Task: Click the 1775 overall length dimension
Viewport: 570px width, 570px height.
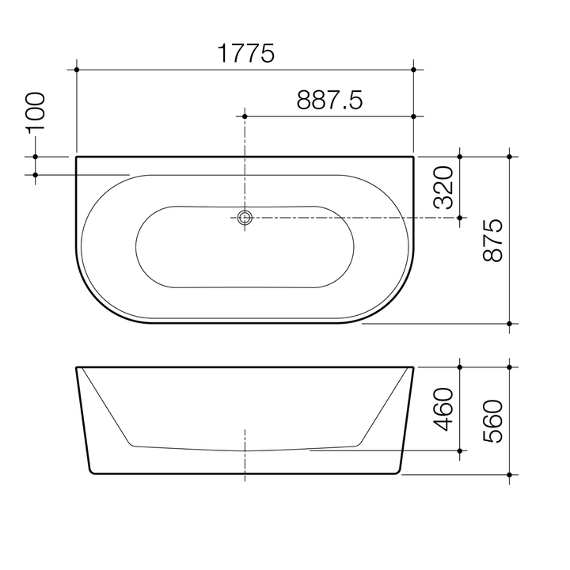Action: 245,54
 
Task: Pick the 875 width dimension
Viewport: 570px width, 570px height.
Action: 494,241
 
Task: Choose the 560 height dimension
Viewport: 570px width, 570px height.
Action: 494,420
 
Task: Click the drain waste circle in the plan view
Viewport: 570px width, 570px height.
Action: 245,216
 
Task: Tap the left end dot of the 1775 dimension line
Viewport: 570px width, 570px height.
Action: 77,70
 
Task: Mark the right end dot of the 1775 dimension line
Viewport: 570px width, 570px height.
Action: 413,70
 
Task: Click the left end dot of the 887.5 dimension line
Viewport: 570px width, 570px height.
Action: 245,116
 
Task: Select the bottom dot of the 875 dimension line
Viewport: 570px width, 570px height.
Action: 511,323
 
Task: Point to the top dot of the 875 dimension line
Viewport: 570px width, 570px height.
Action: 511,157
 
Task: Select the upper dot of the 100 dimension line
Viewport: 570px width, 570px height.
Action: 36,157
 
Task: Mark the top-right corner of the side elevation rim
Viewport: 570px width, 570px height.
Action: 413,367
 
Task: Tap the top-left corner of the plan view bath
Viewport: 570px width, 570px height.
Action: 77,158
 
